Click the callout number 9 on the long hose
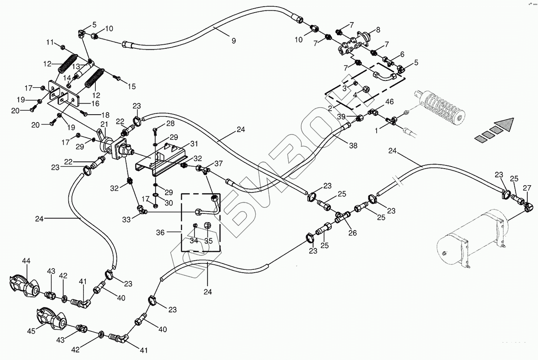point(234,41)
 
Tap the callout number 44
point(26,261)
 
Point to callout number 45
point(31,331)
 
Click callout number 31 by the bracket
point(194,144)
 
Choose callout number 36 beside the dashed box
point(160,233)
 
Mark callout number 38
point(353,146)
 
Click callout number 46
point(389,101)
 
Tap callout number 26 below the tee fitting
point(352,233)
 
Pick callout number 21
point(104,125)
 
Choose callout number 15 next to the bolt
point(132,87)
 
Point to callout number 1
point(377,130)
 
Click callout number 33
point(127,220)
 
